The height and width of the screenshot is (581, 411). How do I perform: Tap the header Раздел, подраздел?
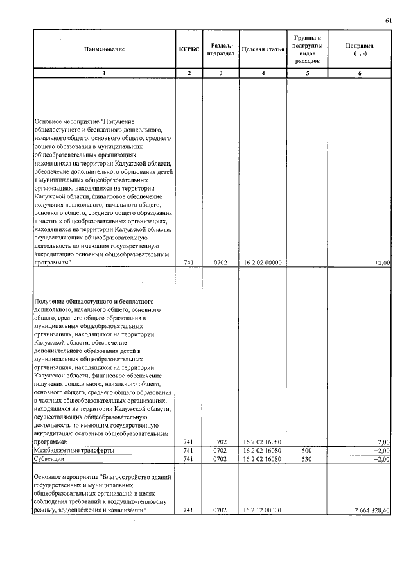point(220,49)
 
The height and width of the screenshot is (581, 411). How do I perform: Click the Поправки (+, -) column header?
point(360,49)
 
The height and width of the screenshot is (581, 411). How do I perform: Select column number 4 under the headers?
point(263,73)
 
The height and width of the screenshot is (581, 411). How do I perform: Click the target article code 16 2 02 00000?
point(263,263)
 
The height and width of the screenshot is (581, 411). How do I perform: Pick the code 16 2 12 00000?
point(263,510)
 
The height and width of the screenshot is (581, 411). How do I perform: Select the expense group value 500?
point(307,451)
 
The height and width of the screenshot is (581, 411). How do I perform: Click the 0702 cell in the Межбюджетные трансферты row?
point(220,451)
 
